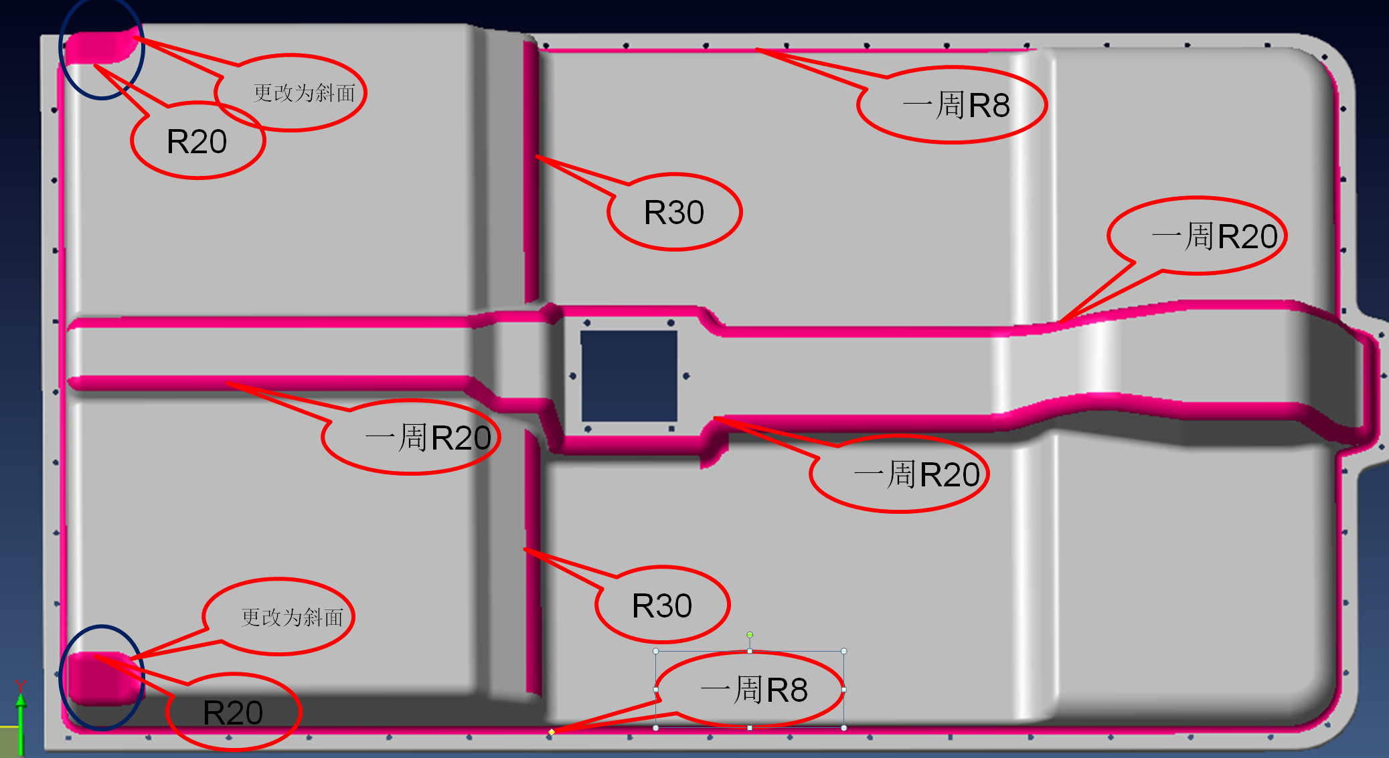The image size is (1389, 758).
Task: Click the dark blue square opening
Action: click(629, 375)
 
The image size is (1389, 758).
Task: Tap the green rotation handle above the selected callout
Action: click(750, 634)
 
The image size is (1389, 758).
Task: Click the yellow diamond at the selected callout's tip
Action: click(552, 732)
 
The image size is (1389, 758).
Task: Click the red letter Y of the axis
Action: click(21, 685)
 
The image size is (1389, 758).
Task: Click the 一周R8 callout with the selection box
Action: click(753, 689)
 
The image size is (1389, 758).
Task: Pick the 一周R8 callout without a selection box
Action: click(954, 105)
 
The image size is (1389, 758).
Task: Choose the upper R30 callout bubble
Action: click(674, 213)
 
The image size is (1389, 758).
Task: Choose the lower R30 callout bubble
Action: click(662, 605)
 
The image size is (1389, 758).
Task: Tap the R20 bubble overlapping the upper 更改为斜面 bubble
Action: click(197, 142)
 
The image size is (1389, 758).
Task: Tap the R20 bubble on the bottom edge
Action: click(233, 713)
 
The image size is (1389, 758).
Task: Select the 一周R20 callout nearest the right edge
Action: click(1205, 236)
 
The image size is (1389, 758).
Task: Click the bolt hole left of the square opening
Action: click(573, 376)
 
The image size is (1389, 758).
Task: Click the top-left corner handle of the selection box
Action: click(656, 651)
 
